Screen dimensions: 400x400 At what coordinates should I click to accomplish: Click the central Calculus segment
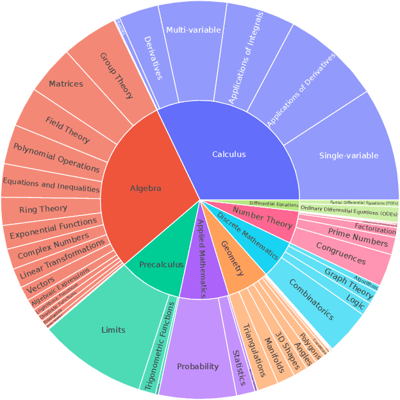click(x=229, y=154)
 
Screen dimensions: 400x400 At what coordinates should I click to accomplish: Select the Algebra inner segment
click(x=146, y=188)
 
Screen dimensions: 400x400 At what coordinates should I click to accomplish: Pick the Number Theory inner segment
click(x=262, y=218)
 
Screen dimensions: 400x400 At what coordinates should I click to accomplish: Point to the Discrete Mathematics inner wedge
click(x=247, y=236)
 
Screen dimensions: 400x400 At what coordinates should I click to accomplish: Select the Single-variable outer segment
click(x=348, y=156)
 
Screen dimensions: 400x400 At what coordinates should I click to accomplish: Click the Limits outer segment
click(x=113, y=329)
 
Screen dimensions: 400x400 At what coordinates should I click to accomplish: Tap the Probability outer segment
click(x=197, y=367)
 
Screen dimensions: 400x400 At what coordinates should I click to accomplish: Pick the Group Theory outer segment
click(x=116, y=74)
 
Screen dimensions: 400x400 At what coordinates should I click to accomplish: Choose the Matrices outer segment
click(x=66, y=84)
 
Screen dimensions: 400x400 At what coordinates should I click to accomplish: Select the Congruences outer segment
click(x=341, y=253)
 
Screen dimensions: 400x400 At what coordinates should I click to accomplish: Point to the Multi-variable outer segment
click(x=193, y=30)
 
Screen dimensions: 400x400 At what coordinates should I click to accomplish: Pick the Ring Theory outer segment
click(x=43, y=209)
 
